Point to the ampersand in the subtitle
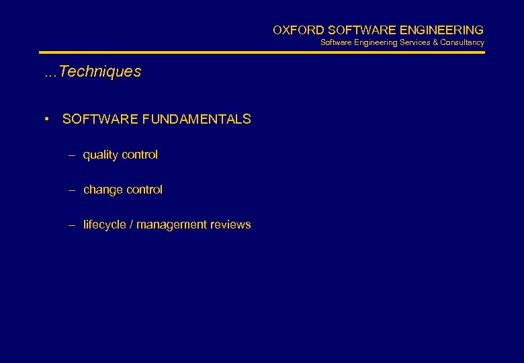[x=435, y=42]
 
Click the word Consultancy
[x=462, y=42]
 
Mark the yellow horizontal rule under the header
[x=261, y=52]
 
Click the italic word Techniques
[x=100, y=72]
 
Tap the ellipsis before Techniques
[x=50, y=73]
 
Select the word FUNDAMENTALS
[x=197, y=120]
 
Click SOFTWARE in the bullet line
[x=100, y=120]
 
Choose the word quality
[x=100, y=155]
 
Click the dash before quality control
[x=72, y=155]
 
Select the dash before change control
[x=72, y=190]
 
